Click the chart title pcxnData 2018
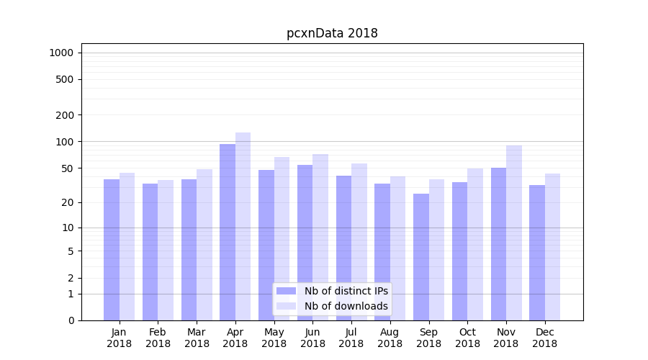click(332, 33)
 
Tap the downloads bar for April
click(243, 226)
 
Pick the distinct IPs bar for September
click(421, 257)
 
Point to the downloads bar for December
click(553, 247)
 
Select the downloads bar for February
click(166, 250)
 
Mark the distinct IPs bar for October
click(460, 251)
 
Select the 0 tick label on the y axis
click(71, 320)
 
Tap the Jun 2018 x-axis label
click(312, 338)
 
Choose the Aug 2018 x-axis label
click(390, 338)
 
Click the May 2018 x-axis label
click(274, 338)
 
